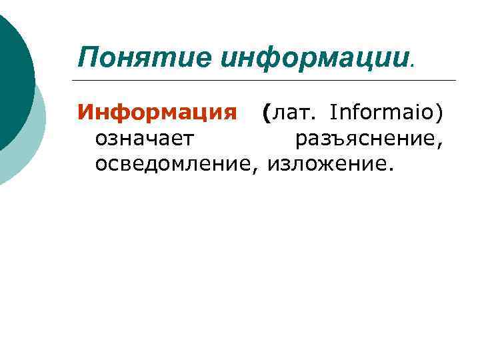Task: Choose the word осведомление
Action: click(x=174, y=163)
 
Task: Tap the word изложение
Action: click(x=323, y=163)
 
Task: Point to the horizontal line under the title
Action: click(x=267, y=81)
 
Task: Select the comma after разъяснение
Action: click(x=441, y=145)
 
